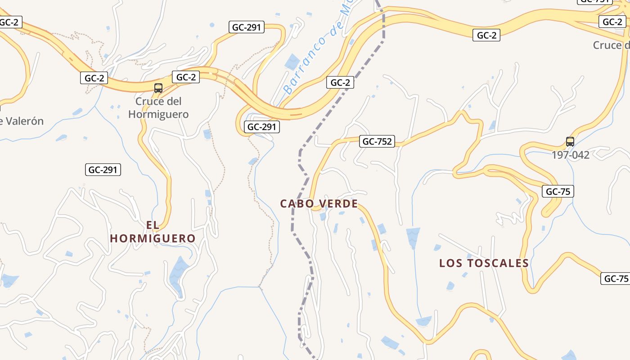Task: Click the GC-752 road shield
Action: point(377,142)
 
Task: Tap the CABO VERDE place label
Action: point(319,204)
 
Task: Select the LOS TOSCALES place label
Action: point(484,263)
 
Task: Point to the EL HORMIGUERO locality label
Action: point(153,232)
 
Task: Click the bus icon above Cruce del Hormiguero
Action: point(158,88)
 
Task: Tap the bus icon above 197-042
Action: point(570,142)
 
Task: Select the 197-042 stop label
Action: point(571,155)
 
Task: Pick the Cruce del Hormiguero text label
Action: point(158,108)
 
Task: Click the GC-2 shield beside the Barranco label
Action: point(340,82)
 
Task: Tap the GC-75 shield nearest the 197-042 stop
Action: point(558,191)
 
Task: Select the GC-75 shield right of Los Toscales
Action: point(615,279)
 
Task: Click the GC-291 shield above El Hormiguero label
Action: point(103,170)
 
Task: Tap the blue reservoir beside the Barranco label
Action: point(292,61)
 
